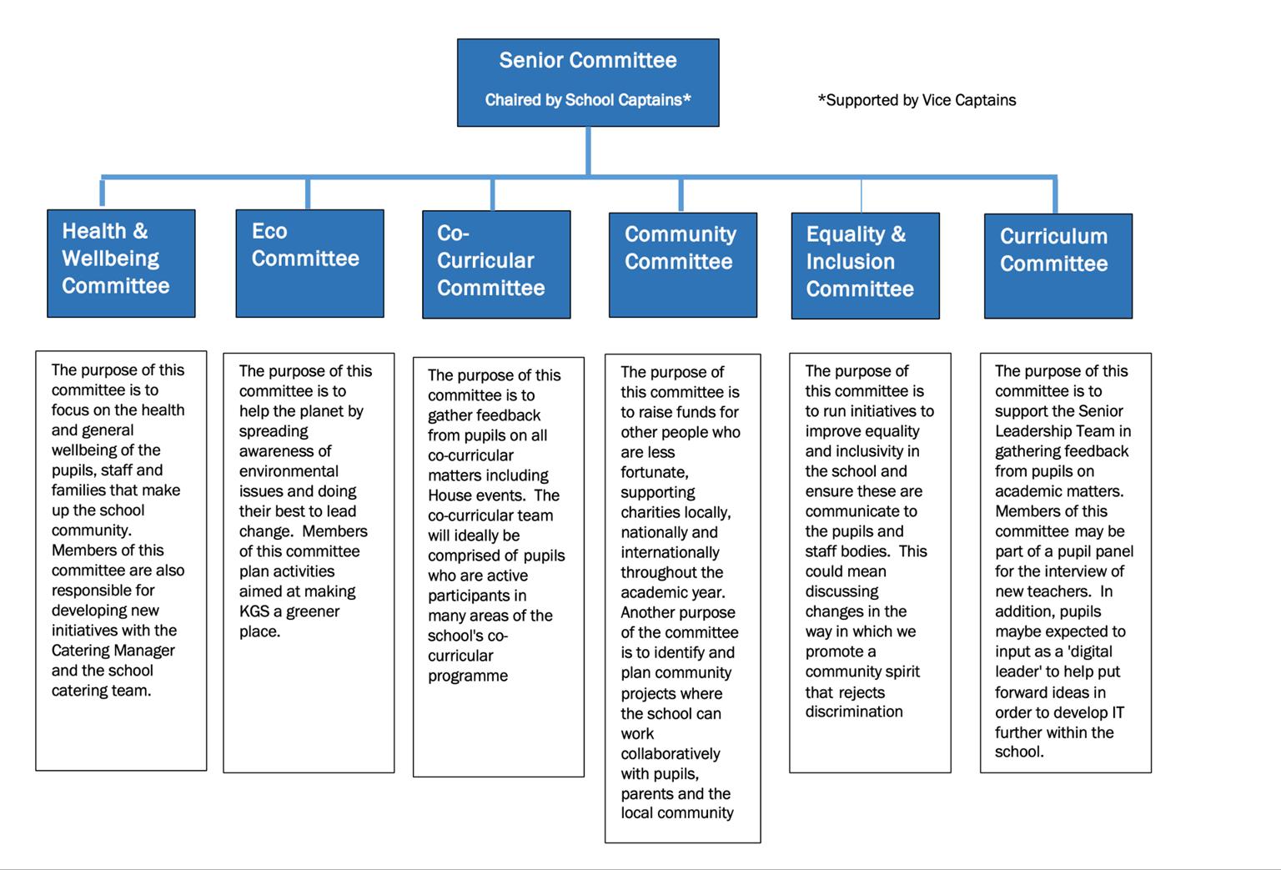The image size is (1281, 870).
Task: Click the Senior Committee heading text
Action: (588, 60)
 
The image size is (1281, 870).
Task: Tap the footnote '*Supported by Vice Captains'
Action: (917, 100)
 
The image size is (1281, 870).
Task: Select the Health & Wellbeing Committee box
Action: (121, 263)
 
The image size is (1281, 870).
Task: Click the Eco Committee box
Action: (310, 263)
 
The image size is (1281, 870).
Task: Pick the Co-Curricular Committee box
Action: (496, 264)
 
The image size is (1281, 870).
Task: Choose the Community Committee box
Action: (683, 264)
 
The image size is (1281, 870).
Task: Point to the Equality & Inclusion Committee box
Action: (865, 265)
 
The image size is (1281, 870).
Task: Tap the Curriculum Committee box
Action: (1058, 266)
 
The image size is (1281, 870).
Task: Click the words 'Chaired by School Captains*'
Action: (588, 100)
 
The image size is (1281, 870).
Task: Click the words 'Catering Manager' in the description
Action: (113, 651)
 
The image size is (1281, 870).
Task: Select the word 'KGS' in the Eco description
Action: (254, 611)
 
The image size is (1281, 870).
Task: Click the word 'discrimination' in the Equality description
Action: (854, 712)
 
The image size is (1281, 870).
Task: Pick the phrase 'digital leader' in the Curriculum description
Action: (1057, 661)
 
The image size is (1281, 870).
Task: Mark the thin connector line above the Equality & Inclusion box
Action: (862, 196)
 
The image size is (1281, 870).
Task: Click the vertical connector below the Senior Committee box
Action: (588, 151)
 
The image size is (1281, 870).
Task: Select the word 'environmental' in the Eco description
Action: (289, 471)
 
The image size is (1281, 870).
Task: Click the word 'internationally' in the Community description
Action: (671, 552)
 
